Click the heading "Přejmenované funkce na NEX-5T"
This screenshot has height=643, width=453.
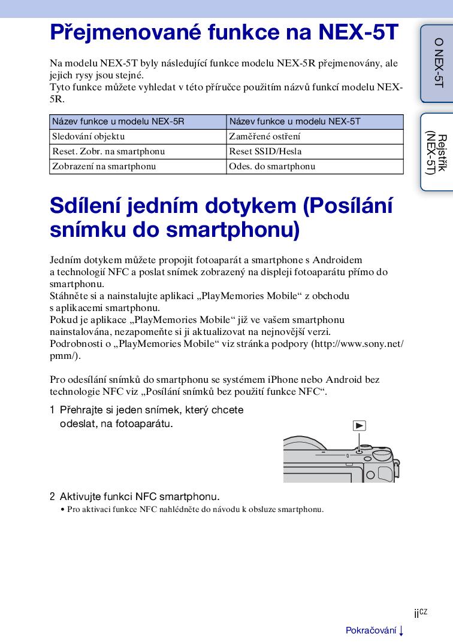pyautogui.click(x=224, y=32)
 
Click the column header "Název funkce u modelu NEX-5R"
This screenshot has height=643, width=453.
pyautogui.click(x=118, y=121)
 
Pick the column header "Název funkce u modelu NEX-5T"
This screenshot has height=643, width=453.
pyautogui.click(x=295, y=121)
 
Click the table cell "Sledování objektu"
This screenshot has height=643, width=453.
pyautogui.click(x=89, y=136)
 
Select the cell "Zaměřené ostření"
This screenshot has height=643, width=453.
pyautogui.click(x=265, y=136)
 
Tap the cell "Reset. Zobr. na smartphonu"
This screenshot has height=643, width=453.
pyautogui.click(x=108, y=151)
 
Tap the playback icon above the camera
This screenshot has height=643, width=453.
pyautogui.click(x=359, y=426)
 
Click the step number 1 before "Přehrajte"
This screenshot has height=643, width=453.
pyautogui.click(x=52, y=411)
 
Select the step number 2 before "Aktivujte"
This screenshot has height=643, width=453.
pyautogui.click(x=52, y=496)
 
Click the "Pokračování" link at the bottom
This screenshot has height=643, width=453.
pyautogui.click(x=371, y=630)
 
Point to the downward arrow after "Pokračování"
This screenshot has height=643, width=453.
pyautogui.click(x=401, y=630)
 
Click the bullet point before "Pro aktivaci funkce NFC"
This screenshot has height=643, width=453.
pyautogui.click(x=62, y=510)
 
